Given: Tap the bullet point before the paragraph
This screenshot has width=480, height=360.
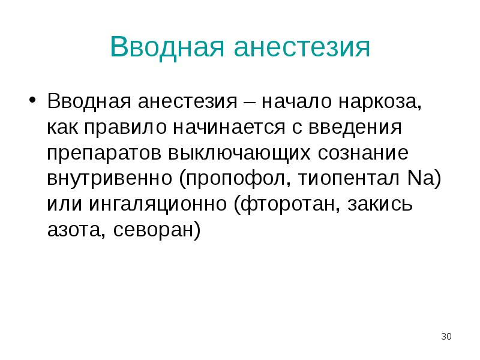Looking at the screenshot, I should tap(34, 98).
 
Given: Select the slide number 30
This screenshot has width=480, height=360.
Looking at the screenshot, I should tap(446, 335).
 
